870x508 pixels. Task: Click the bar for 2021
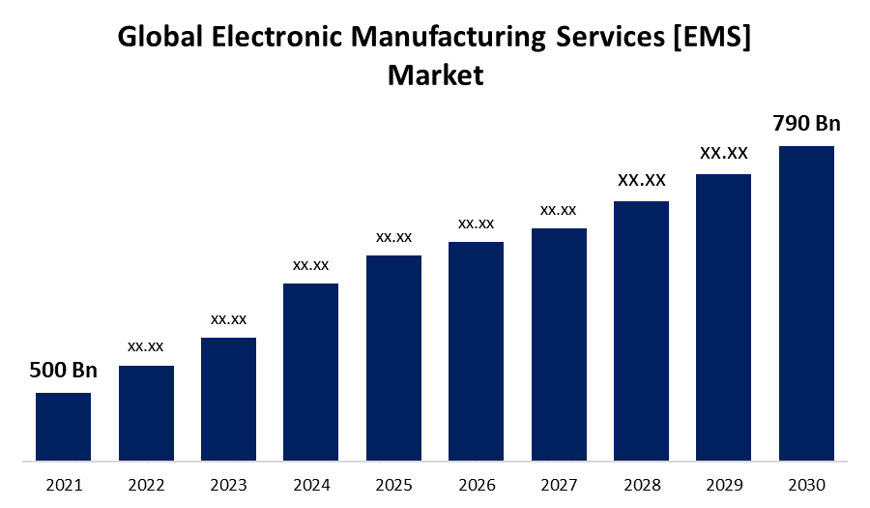(63, 426)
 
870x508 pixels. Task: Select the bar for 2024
(310, 372)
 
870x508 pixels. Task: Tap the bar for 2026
(476, 350)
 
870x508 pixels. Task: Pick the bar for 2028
(641, 330)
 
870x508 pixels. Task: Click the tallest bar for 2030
(806, 303)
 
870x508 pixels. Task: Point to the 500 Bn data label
(63, 370)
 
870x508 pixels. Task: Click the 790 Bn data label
(806, 124)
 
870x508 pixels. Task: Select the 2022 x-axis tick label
(146, 484)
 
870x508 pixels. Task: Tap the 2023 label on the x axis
(228, 484)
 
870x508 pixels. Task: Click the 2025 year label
(393, 484)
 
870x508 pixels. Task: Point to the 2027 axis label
(559, 484)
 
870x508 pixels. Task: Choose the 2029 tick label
(723, 484)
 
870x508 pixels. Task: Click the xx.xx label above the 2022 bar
(146, 346)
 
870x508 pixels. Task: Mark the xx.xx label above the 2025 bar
(393, 237)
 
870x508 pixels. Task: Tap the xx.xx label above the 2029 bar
(723, 153)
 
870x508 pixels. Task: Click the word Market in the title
(435, 75)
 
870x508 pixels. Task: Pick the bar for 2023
(228, 399)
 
